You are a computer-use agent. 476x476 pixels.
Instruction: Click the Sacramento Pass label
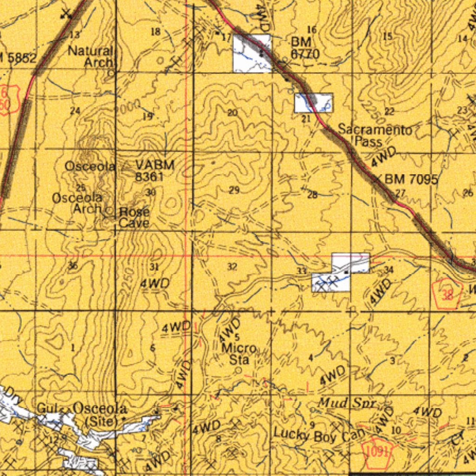[x=375, y=135]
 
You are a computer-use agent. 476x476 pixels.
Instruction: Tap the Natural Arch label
[x=91, y=56]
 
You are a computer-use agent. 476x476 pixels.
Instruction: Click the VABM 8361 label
[x=155, y=170]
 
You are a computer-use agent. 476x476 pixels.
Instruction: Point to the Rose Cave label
[x=134, y=217]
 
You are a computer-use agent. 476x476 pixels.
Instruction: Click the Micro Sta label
[x=238, y=354]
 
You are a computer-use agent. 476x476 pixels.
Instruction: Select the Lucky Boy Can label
[x=315, y=435]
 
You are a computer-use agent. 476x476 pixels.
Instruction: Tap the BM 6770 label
[x=305, y=48]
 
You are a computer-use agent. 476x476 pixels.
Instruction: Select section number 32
[x=232, y=266]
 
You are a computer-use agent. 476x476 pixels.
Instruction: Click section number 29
[x=234, y=190]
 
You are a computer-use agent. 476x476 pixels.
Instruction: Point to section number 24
[x=75, y=111]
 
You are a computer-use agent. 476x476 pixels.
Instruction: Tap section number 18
[x=155, y=31]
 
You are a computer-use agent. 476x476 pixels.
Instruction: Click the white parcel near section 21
[x=314, y=103]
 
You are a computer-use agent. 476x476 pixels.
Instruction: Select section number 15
[x=387, y=36]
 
